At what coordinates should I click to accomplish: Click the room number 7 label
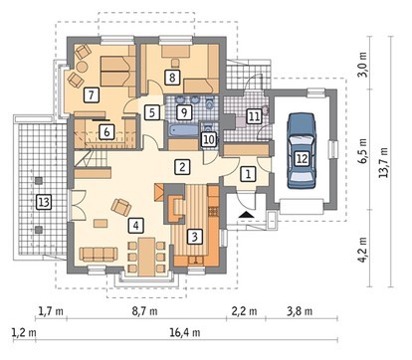[x=92, y=95]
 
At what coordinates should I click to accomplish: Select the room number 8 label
[x=172, y=78]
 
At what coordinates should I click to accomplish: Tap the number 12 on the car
[x=302, y=159]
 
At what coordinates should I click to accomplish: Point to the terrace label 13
[x=44, y=202]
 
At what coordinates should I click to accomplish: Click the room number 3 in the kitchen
[x=195, y=237]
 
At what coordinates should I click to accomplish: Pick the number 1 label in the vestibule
[x=248, y=174]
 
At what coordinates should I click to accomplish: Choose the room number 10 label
[x=209, y=139]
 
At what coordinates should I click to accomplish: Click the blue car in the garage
[x=302, y=151]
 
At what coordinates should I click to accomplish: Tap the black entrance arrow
[x=246, y=214]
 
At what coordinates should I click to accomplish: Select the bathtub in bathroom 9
[x=183, y=129]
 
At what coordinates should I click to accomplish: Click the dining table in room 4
[x=146, y=257]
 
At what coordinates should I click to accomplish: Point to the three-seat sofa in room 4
[x=99, y=254]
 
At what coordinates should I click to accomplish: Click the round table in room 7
[x=82, y=68]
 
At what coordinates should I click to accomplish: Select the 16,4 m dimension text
[x=185, y=332]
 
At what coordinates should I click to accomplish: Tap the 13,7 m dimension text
[x=384, y=162]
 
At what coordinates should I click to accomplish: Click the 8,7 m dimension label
[x=144, y=311]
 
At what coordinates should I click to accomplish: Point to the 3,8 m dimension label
[x=300, y=311]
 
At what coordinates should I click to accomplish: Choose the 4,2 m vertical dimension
[x=363, y=250]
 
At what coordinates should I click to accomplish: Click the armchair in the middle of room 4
[x=121, y=207]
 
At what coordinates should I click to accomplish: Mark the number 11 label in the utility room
[x=254, y=116]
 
